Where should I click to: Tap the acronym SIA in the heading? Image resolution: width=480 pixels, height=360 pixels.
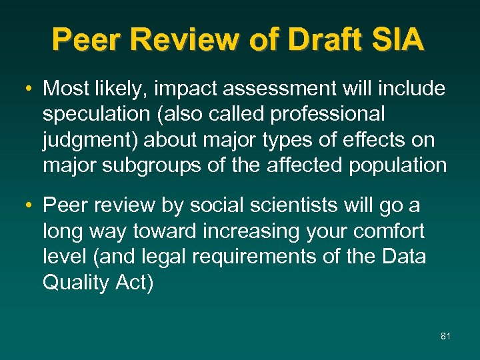[x=399, y=40]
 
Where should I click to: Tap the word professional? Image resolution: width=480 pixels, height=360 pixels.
[x=327, y=114]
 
